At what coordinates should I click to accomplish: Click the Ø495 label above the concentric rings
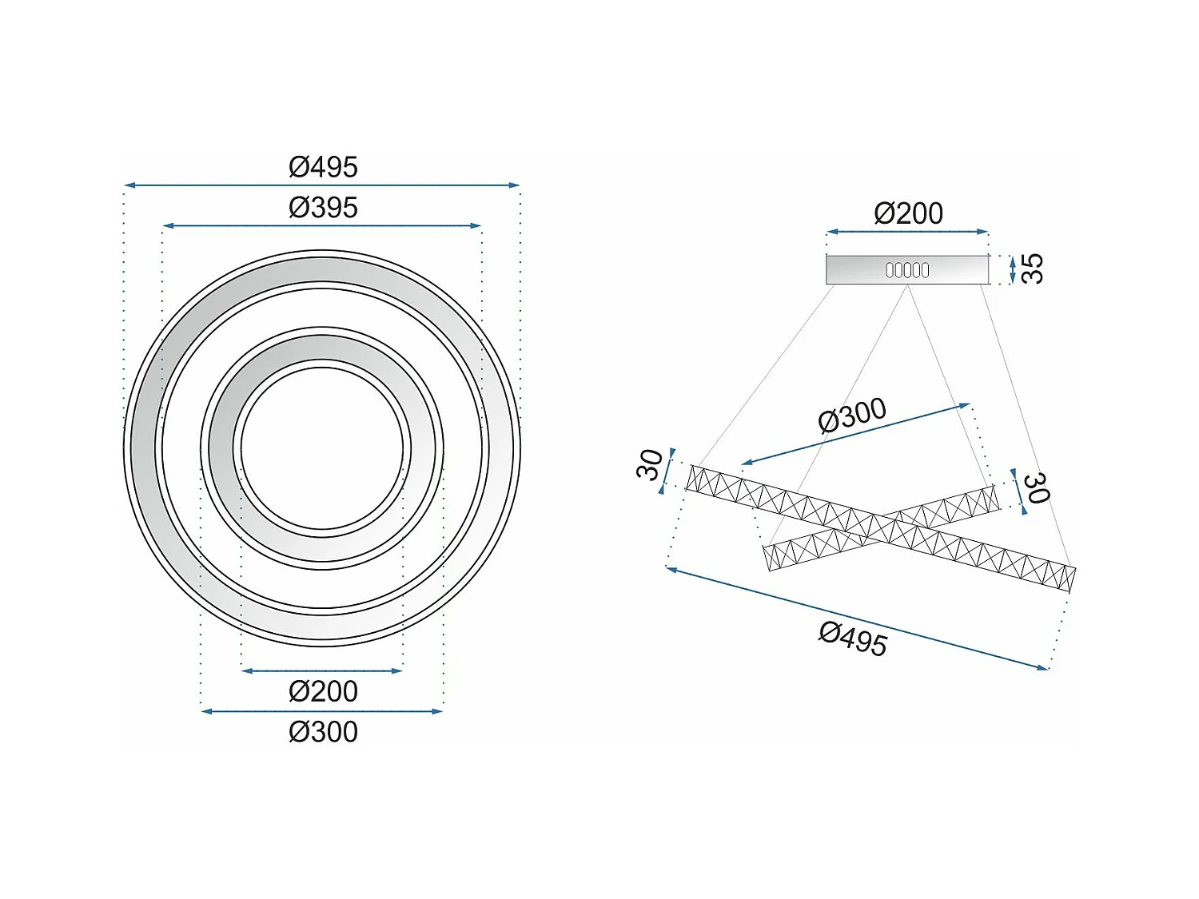point(323,167)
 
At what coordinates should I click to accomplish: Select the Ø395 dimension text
point(323,208)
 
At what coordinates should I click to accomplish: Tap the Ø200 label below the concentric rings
point(323,691)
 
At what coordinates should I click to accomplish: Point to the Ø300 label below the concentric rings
point(323,732)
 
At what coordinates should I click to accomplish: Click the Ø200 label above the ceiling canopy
point(908,213)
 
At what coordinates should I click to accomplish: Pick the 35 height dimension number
point(1032,269)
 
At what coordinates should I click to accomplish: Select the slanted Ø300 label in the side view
point(852,416)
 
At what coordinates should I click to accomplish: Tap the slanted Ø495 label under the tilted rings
point(853,639)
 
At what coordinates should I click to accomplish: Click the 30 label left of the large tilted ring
point(650,464)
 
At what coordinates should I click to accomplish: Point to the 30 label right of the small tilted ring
point(1036,487)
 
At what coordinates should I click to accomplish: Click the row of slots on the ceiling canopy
point(907,270)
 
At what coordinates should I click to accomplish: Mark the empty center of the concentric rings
point(322,448)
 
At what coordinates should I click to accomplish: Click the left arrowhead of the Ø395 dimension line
point(166,226)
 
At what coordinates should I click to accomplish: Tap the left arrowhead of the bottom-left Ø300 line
point(205,711)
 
